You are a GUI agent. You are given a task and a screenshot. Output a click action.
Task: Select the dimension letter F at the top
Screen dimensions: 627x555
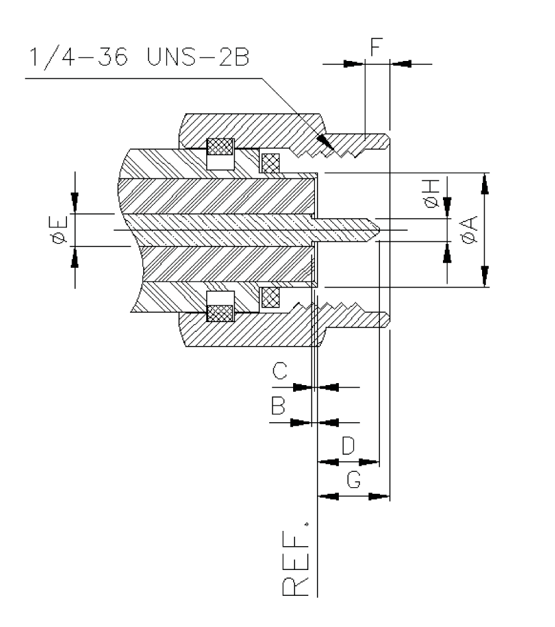pos(376,48)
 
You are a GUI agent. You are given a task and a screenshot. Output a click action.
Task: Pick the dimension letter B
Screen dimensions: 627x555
pos(280,406)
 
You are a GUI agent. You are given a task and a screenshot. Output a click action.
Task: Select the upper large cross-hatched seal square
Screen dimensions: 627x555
pos(220,146)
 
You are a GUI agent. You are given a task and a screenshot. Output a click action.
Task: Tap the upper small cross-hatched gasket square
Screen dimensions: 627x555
pos(271,162)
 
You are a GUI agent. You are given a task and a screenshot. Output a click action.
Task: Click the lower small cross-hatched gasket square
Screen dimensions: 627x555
pos(271,298)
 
